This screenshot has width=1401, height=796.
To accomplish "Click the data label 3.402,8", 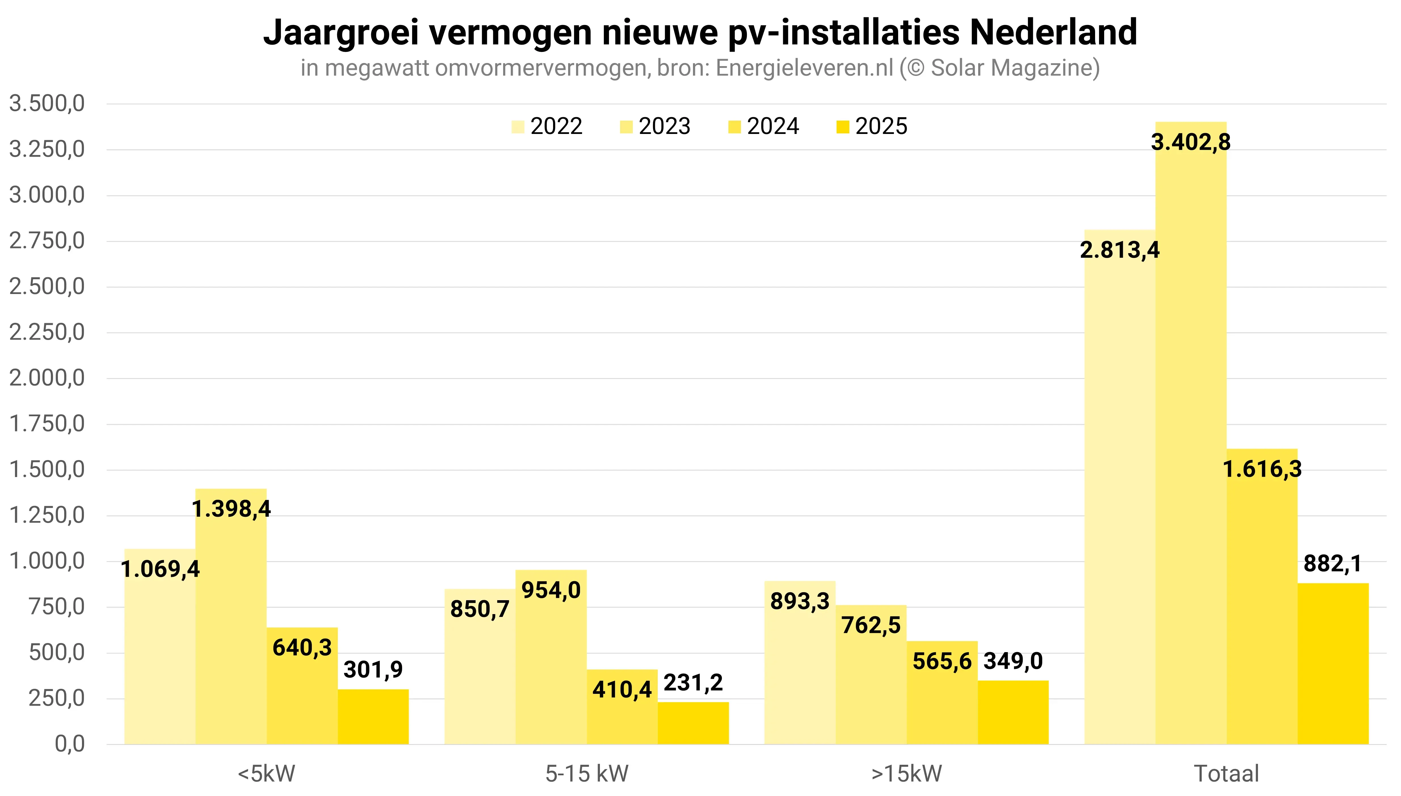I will tap(1190, 142).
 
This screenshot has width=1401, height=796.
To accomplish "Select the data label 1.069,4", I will tap(160, 569).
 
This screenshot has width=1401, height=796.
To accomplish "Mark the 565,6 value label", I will tap(942, 661).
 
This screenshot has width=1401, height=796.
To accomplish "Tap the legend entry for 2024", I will tap(764, 126).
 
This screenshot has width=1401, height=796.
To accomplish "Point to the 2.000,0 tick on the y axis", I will tap(47, 378).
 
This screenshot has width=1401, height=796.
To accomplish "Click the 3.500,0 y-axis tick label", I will tap(47, 103).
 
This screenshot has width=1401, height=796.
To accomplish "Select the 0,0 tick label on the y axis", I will tap(70, 744).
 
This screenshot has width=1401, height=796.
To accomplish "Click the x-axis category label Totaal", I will tap(1226, 774).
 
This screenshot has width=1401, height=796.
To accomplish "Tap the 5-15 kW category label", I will tap(587, 774).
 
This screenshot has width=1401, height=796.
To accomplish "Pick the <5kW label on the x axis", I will tap(266, 774).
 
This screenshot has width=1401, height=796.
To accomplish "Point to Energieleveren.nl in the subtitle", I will tap(804, 68).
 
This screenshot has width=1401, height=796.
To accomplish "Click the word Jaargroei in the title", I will tap(341, 33).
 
